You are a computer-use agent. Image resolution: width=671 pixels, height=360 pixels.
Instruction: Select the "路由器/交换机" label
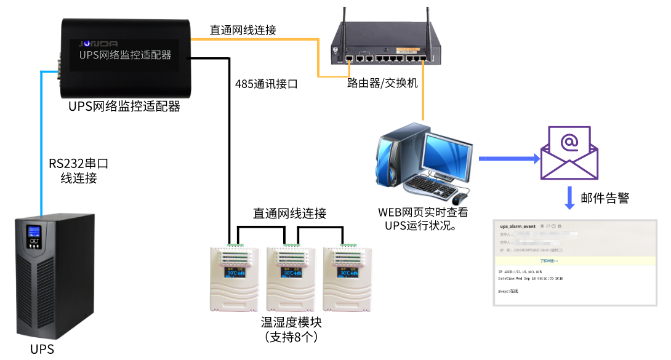382,83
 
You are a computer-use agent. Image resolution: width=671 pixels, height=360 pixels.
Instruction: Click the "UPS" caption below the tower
42,350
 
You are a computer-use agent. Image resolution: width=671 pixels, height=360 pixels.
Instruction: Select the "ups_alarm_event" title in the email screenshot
518,226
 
